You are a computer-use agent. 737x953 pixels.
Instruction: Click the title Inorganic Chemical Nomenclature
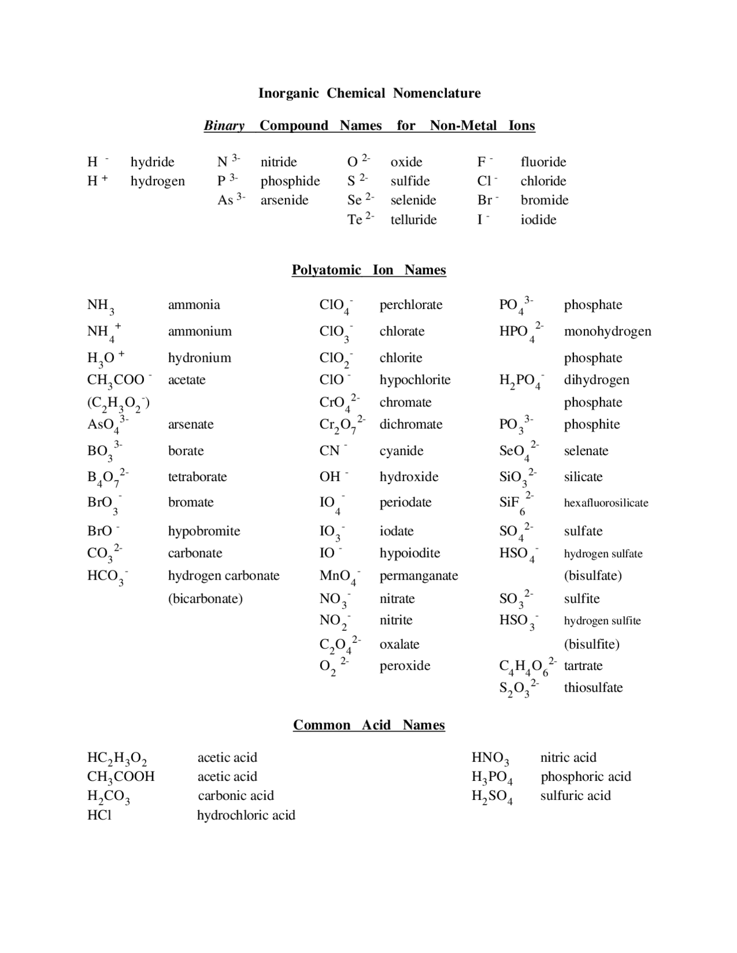[x=369, y=93]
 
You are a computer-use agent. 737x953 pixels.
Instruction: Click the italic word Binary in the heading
[x=224, y=125]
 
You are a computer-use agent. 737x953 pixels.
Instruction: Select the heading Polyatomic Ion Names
[x=368, y=270]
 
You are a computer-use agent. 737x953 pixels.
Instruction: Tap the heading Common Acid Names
[x=368, y=725]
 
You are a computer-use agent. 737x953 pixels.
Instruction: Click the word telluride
[x=413, y=219]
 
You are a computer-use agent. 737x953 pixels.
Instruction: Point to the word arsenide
[x=284, y=200]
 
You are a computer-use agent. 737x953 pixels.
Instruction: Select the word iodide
[x=538, y=219]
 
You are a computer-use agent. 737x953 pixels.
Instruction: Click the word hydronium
[x=199, y=357]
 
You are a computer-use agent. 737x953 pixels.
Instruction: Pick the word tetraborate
[x=197, y=476]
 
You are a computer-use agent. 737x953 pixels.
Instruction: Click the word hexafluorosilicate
[x=606, y=502]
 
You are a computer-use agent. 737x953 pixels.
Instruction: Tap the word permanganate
[x=419, y=575]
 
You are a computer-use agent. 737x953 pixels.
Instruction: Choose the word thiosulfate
[x=593, y=687]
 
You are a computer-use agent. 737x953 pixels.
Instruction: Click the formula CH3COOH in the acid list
[x=121, y=777]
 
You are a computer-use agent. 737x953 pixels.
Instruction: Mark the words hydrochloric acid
[x=246, y=815]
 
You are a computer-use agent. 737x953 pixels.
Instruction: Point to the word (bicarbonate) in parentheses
[x=205, y=599]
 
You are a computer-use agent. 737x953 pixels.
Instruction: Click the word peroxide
[x=405, y=665]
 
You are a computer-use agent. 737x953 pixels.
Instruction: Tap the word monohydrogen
[x=607, y=331]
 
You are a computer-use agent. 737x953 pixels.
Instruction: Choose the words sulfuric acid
[x=575, y=795]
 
